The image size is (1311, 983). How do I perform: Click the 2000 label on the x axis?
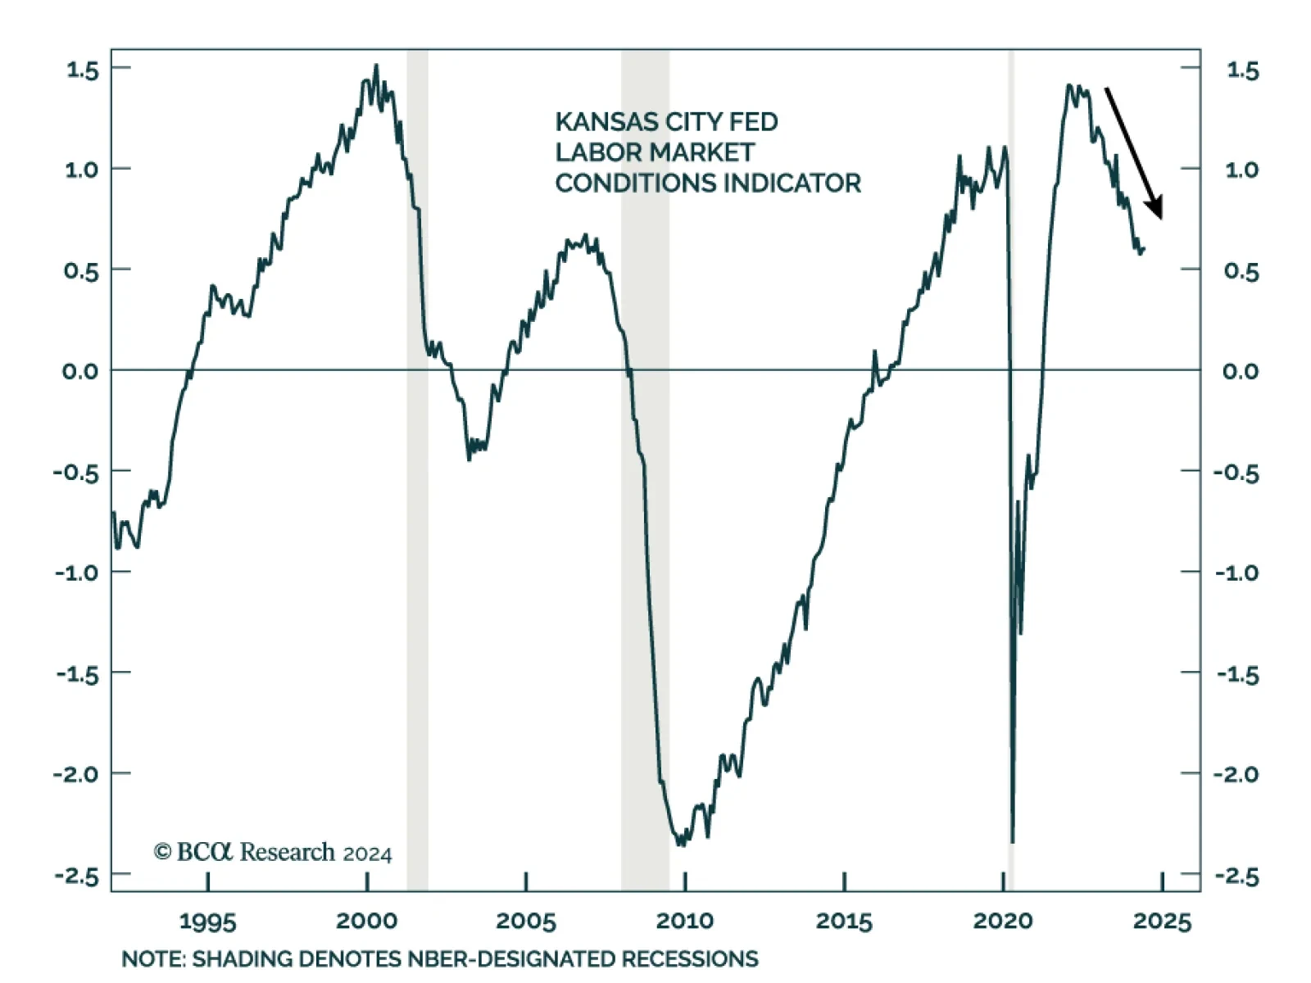(x=366, y=921)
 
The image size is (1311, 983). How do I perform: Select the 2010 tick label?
(x=684, y=921)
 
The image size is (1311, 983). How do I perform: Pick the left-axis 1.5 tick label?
(x=82, y=70)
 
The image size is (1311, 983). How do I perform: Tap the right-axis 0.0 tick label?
(x=1241, y=371)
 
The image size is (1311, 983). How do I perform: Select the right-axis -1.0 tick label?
(x=1236, y=573)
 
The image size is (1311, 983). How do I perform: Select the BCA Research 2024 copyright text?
(x=273, y=853)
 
